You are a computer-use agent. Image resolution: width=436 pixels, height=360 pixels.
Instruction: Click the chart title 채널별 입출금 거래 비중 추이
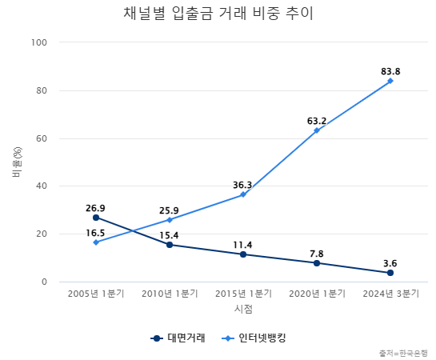218,14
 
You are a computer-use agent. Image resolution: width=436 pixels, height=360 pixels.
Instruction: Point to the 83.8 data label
390,71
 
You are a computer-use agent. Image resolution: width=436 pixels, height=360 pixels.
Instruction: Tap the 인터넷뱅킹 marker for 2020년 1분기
317,130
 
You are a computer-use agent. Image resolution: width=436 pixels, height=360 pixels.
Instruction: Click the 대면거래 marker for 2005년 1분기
96,218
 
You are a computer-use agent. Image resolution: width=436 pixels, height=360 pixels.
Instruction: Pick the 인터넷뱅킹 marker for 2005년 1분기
96,242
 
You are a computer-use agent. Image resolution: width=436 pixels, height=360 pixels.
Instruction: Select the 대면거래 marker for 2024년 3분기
390,273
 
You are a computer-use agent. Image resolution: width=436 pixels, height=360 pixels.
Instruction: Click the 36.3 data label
243,185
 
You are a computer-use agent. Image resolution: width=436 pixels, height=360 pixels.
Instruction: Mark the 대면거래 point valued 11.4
243,254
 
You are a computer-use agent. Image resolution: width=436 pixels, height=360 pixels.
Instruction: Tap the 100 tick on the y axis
40,42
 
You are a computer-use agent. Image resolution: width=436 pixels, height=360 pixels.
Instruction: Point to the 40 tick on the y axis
42,186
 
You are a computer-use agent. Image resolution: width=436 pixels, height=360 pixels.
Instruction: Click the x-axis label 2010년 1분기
170,294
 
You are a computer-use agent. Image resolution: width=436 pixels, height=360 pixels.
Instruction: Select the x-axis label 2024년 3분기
390,294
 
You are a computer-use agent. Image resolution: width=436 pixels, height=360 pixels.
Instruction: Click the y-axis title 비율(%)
17,162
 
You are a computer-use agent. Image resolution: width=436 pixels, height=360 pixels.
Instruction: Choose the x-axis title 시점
243,309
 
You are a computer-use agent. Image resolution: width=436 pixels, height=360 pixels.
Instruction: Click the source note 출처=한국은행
404,353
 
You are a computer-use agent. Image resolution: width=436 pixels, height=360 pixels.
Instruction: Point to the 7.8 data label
317,254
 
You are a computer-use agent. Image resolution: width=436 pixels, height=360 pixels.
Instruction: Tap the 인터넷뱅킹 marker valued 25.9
170,220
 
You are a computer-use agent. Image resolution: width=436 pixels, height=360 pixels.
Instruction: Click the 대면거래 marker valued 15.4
170,245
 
